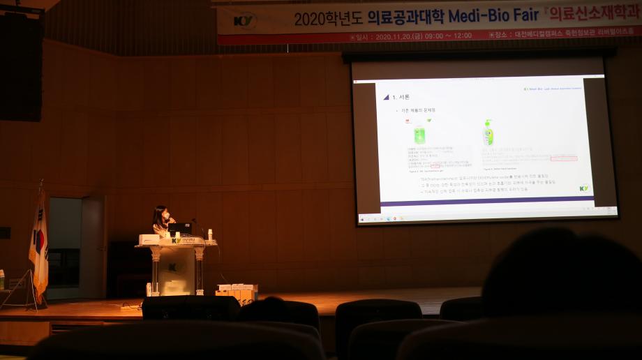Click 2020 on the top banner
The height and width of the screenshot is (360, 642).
pos(310,18)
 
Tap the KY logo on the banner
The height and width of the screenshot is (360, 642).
pos(245,20)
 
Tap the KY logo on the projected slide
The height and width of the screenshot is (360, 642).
pos(584,188)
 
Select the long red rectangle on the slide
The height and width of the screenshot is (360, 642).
pos(563,158)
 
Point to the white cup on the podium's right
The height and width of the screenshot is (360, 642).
pos(209,234)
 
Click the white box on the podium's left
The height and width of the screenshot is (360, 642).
pos(149,239)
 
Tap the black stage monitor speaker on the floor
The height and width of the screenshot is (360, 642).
pos(190,307)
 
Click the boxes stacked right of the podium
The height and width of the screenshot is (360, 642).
pos(237,292)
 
